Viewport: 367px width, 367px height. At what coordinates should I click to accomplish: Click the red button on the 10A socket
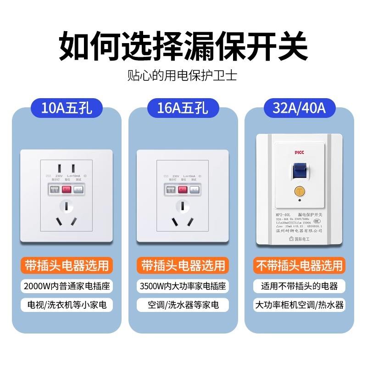pos(67,189)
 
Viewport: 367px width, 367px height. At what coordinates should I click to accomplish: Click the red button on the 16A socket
pos(183,189)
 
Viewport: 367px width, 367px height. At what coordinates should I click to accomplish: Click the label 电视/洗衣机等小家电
pos(67,305)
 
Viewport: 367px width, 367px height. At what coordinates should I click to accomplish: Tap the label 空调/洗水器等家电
pos(183,305)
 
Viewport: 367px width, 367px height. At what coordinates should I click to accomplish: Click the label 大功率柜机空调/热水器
pos(299,305)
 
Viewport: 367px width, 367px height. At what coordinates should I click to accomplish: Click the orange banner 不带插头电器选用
pos(299,265)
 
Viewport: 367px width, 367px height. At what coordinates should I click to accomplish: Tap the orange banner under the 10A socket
pos(67,265)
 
